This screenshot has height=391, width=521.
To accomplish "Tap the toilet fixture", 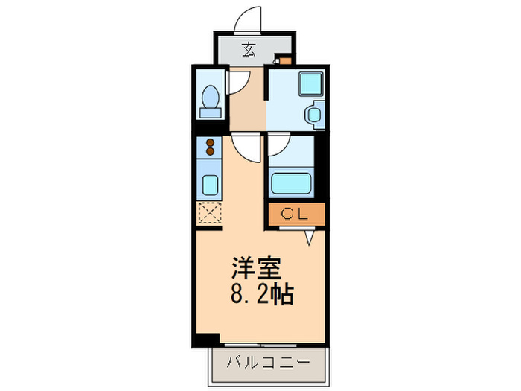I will [210, 101].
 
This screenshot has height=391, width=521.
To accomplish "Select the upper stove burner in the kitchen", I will [210, 142].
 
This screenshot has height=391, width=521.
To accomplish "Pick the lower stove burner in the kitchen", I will [210, 151].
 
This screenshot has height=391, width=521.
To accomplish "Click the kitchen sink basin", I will [210, 183].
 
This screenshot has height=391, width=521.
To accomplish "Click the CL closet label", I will [295, 214].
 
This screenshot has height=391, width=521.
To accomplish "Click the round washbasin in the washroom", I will [313, 115].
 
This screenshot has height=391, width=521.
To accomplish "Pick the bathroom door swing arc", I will [278, 147].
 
